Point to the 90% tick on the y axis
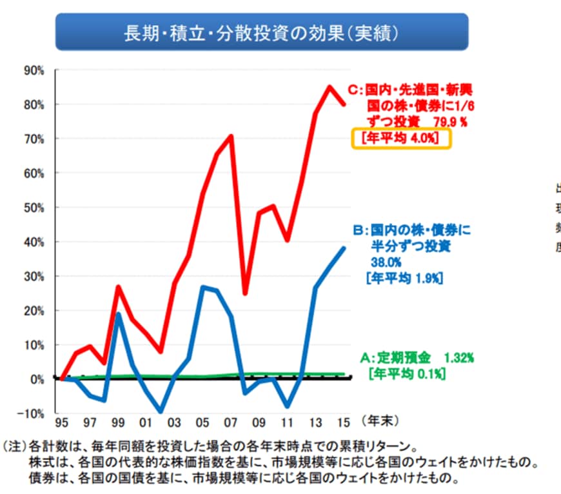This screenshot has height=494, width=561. tap(33, 70)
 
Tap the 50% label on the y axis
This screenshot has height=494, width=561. tap(33, 208)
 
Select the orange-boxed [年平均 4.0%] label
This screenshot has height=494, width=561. tap(400, 139)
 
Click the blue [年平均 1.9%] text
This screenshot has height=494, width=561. tap(403, 278)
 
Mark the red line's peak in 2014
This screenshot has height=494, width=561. tap(330, 86)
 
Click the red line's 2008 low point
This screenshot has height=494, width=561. tap(245, 293)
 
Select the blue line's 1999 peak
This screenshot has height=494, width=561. tap(118, 314)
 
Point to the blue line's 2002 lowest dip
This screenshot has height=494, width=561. tap(161, 411)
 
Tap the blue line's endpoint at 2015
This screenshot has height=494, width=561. tap(344, 248)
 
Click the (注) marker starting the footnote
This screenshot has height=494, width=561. tap(13, 446)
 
